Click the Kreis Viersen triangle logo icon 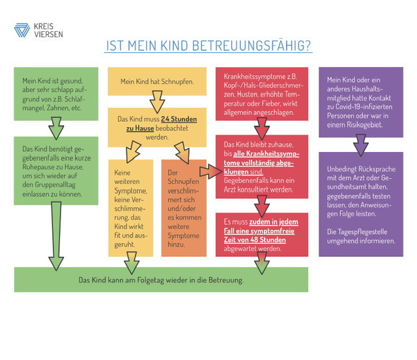click(22, 31)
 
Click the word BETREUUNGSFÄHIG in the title click(251, 46)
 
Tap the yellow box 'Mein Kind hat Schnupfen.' click(157, 82)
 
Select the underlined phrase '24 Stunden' click(179, 119)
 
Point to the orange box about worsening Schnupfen click(184, 208)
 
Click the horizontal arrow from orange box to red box click(210, 172)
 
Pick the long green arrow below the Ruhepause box click(56, 236)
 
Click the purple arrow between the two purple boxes click(360, 145)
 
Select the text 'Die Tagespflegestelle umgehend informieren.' click(361, 236)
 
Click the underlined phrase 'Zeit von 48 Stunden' click(255, 239)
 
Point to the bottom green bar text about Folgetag click(161, 280)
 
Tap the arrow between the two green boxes click(56, 128)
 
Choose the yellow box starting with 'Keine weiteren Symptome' click(130, 208)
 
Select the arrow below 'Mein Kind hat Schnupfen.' click(157, 102)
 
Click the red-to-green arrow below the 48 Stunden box click(262, 263)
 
